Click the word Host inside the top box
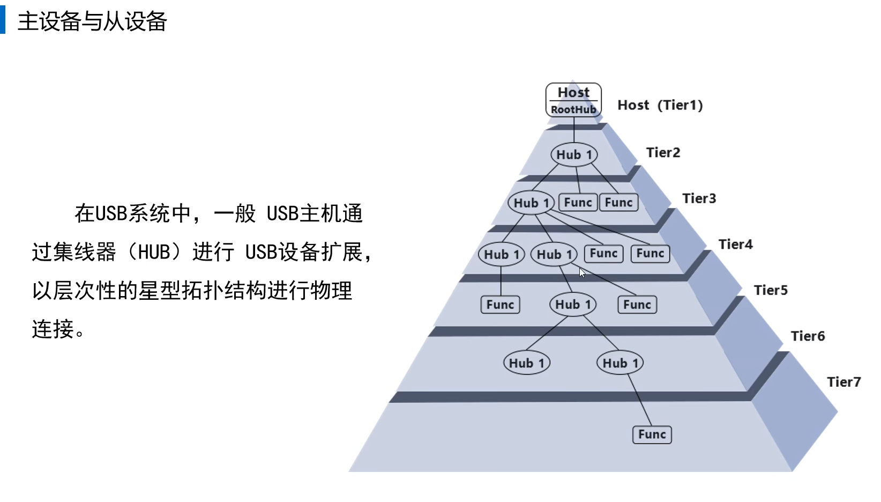573,92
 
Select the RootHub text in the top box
573,109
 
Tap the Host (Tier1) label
660,105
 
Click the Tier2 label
663,153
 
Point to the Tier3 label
699,198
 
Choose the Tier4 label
735,245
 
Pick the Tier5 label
771,290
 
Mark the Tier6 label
808,336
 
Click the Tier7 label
843,382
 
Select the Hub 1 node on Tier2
574,155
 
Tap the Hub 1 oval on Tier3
531,203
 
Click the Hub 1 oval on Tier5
573,305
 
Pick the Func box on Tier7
652,434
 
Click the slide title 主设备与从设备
92,21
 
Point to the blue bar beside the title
3,21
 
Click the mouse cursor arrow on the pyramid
582,272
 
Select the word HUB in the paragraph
154,252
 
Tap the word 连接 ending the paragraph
53,329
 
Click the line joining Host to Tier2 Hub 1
574,130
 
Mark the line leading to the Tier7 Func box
639,400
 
